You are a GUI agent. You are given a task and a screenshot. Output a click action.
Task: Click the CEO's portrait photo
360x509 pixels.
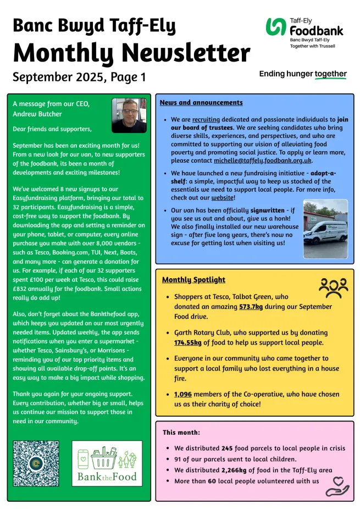(x=129, y=115)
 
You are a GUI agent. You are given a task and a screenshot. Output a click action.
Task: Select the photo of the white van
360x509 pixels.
(x=325, y=229)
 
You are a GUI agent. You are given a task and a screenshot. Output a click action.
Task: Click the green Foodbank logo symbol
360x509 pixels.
(x=275, y=26)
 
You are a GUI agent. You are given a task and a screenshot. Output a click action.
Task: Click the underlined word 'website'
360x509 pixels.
(x=221, y=197)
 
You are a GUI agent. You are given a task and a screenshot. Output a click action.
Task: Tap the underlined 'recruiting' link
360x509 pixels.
(x=206, y=119)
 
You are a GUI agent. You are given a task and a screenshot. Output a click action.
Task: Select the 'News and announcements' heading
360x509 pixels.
(x=201, y=103)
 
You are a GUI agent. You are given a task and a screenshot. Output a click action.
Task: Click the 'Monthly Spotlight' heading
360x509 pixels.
(x=193, y=280)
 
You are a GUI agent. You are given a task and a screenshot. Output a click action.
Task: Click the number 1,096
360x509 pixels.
(x=183, y=394)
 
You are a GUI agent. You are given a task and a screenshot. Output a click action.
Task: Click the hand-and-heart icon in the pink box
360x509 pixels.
(x=337, y=485)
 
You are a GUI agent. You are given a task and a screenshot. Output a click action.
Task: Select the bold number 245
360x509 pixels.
(x=228, y=448)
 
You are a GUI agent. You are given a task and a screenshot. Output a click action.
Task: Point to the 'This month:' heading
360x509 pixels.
(x=181, y=433)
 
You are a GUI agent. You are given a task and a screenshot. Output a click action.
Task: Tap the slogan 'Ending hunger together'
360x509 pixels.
(x=303, y=74)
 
